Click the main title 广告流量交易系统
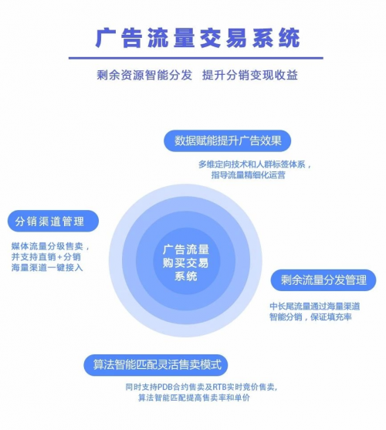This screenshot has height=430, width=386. pos(198,38)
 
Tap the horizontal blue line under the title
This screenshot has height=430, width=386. pos(196,58)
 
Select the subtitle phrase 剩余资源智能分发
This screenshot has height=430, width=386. pos(144,75)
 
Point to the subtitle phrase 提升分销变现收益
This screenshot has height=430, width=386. pos(250,75)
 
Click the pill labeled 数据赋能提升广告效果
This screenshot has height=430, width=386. pos(227,141)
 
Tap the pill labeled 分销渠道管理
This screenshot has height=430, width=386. pos(53,221)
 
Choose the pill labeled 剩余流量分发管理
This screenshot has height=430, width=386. pos(323,280)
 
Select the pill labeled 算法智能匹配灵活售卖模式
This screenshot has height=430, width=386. pos(156,365)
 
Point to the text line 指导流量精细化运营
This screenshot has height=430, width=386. pos(249,175)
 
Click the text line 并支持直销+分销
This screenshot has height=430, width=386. pos(46,257)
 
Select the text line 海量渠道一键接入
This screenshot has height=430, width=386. pos(47,267)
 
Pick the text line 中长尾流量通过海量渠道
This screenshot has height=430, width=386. pos(315,306)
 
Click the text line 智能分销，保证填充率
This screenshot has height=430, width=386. pos(310,317)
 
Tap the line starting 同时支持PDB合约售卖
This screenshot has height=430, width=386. pos(201,388)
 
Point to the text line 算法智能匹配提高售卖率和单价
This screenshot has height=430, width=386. pos(194,398)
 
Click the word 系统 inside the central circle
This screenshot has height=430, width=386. pos(186,276)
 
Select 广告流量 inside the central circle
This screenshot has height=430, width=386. pos(186,249)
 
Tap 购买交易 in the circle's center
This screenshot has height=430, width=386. pos(186,263)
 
